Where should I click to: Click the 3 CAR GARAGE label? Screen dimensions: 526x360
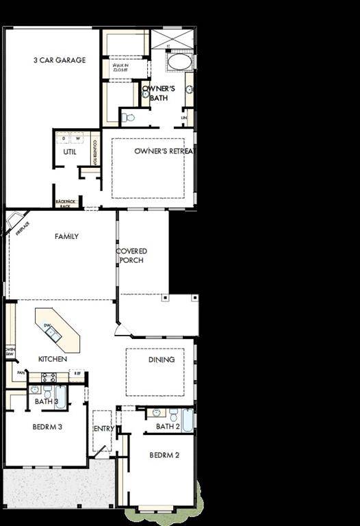click(x=60, y=60)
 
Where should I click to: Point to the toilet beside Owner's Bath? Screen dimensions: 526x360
click(x=128, y=117)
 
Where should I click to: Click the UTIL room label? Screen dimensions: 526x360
click(x=69, y=151)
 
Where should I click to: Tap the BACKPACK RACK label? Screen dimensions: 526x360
click(x=65, y=203)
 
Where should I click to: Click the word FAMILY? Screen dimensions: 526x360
click(x=66, y=236)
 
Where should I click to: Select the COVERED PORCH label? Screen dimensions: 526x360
click(x=131, y=255)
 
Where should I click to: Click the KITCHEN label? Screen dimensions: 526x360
click(x=52, y=359)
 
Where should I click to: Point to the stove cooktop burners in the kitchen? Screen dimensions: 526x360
click(x=49, y=377)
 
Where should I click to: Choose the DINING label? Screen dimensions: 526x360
click(x=162, y=360)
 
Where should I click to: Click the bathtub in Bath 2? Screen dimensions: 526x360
click(x=186, y=419)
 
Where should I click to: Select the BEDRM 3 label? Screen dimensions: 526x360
click(x=47, y=427)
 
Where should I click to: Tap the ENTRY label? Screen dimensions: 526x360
click(x=103, y=429)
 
